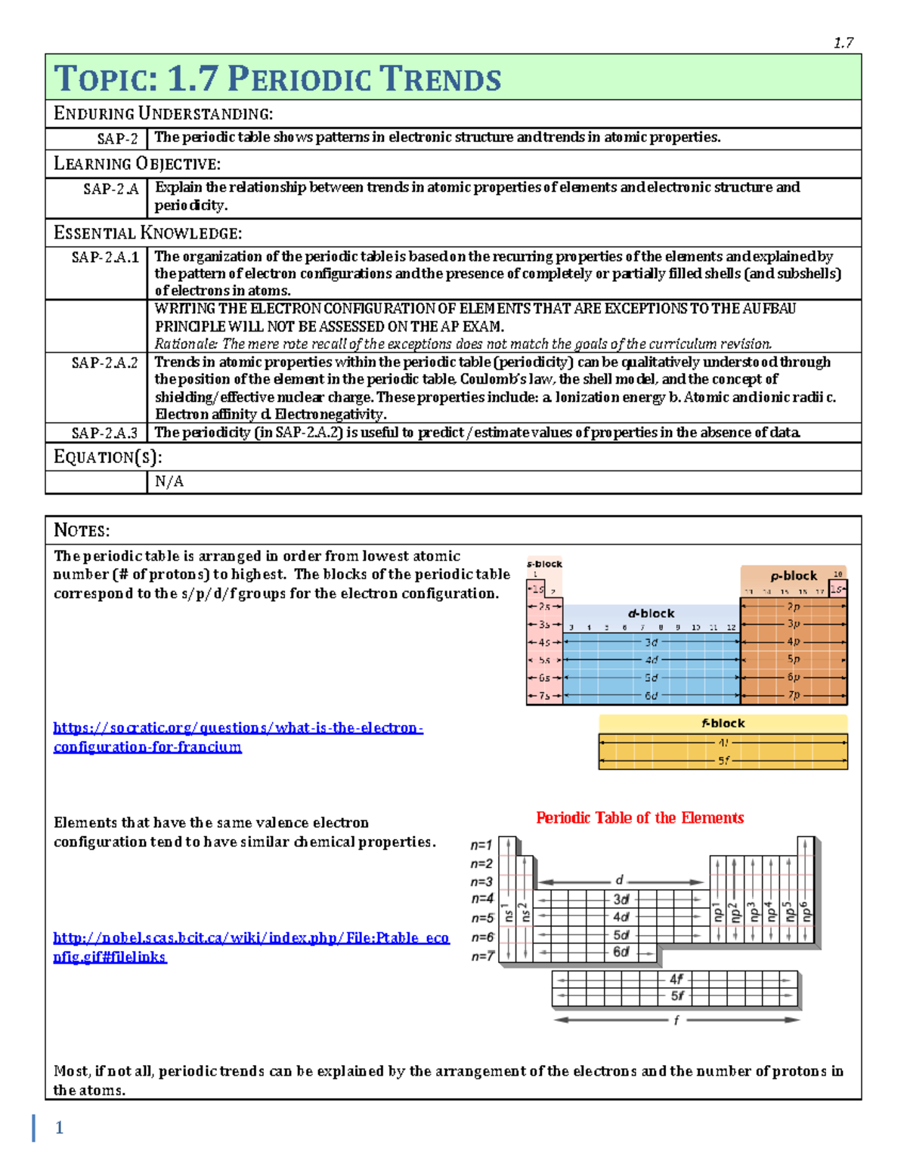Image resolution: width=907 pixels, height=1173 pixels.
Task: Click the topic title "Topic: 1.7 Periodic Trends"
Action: (277, 79)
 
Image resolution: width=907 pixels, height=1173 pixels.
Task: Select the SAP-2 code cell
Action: (117, 138)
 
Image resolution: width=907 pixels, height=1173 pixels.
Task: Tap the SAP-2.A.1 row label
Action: (105, 258)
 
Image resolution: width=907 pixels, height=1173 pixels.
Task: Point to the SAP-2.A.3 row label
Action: (104, 433)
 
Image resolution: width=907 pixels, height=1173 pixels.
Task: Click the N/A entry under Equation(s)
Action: (169, 482)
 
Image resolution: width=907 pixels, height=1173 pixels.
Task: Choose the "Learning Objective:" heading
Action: (137, 164)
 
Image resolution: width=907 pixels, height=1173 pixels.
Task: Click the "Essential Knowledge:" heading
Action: (147, 233)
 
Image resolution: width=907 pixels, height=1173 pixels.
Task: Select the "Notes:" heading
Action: (82, 530)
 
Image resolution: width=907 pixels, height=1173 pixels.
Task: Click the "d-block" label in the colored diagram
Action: (651, 613)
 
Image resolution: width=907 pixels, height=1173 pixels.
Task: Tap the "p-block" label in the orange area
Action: (794, 576)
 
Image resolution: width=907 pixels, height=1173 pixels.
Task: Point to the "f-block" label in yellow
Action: (723, 723)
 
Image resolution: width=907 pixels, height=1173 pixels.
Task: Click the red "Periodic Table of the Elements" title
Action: (639, 817)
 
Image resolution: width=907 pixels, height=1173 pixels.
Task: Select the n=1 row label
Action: (481, 845)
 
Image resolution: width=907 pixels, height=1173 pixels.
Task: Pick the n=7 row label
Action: (482, 956)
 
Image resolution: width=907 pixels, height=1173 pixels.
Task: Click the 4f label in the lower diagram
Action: (676, 979)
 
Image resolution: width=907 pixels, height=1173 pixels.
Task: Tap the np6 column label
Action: (806, 912)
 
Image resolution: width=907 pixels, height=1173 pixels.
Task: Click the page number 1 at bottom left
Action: (59, 1128)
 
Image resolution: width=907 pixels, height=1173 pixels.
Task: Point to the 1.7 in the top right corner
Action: (844, 43)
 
